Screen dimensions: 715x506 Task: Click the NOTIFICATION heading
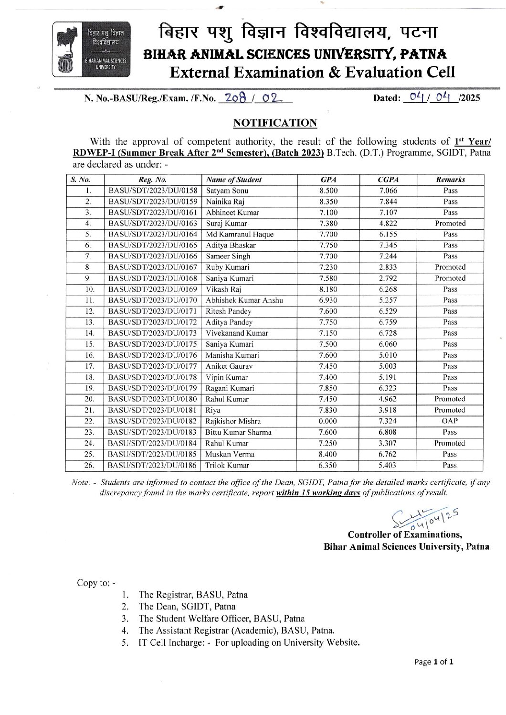coord(275,123)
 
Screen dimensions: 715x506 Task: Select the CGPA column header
coord(388,180)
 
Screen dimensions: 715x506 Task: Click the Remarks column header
coord(450,180)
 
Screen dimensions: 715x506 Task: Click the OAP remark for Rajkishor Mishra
coord(450,421)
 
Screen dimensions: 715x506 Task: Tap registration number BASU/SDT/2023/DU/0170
coord(153,300)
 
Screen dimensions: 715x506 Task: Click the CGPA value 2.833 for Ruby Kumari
coord(388,267)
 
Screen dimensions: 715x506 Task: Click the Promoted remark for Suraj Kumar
coord(450,224)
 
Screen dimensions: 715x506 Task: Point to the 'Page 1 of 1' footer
coord(433,662)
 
